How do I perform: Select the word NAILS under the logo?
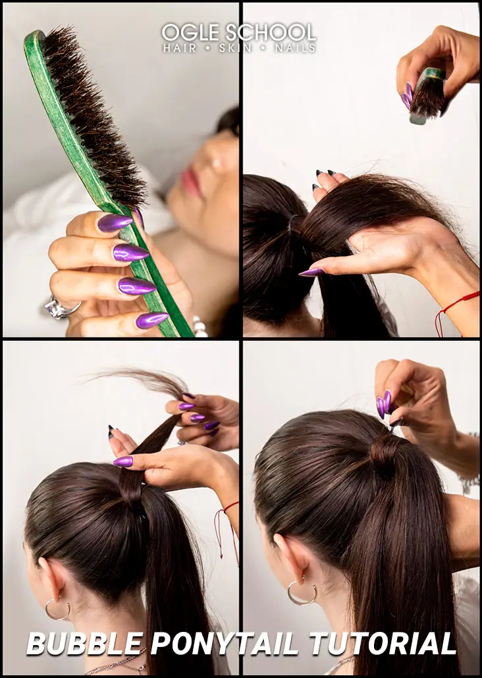click(x=298, y=48)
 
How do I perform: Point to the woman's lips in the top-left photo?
click(x=192, y=181)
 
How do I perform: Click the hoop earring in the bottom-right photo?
click(x=302, y=593)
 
